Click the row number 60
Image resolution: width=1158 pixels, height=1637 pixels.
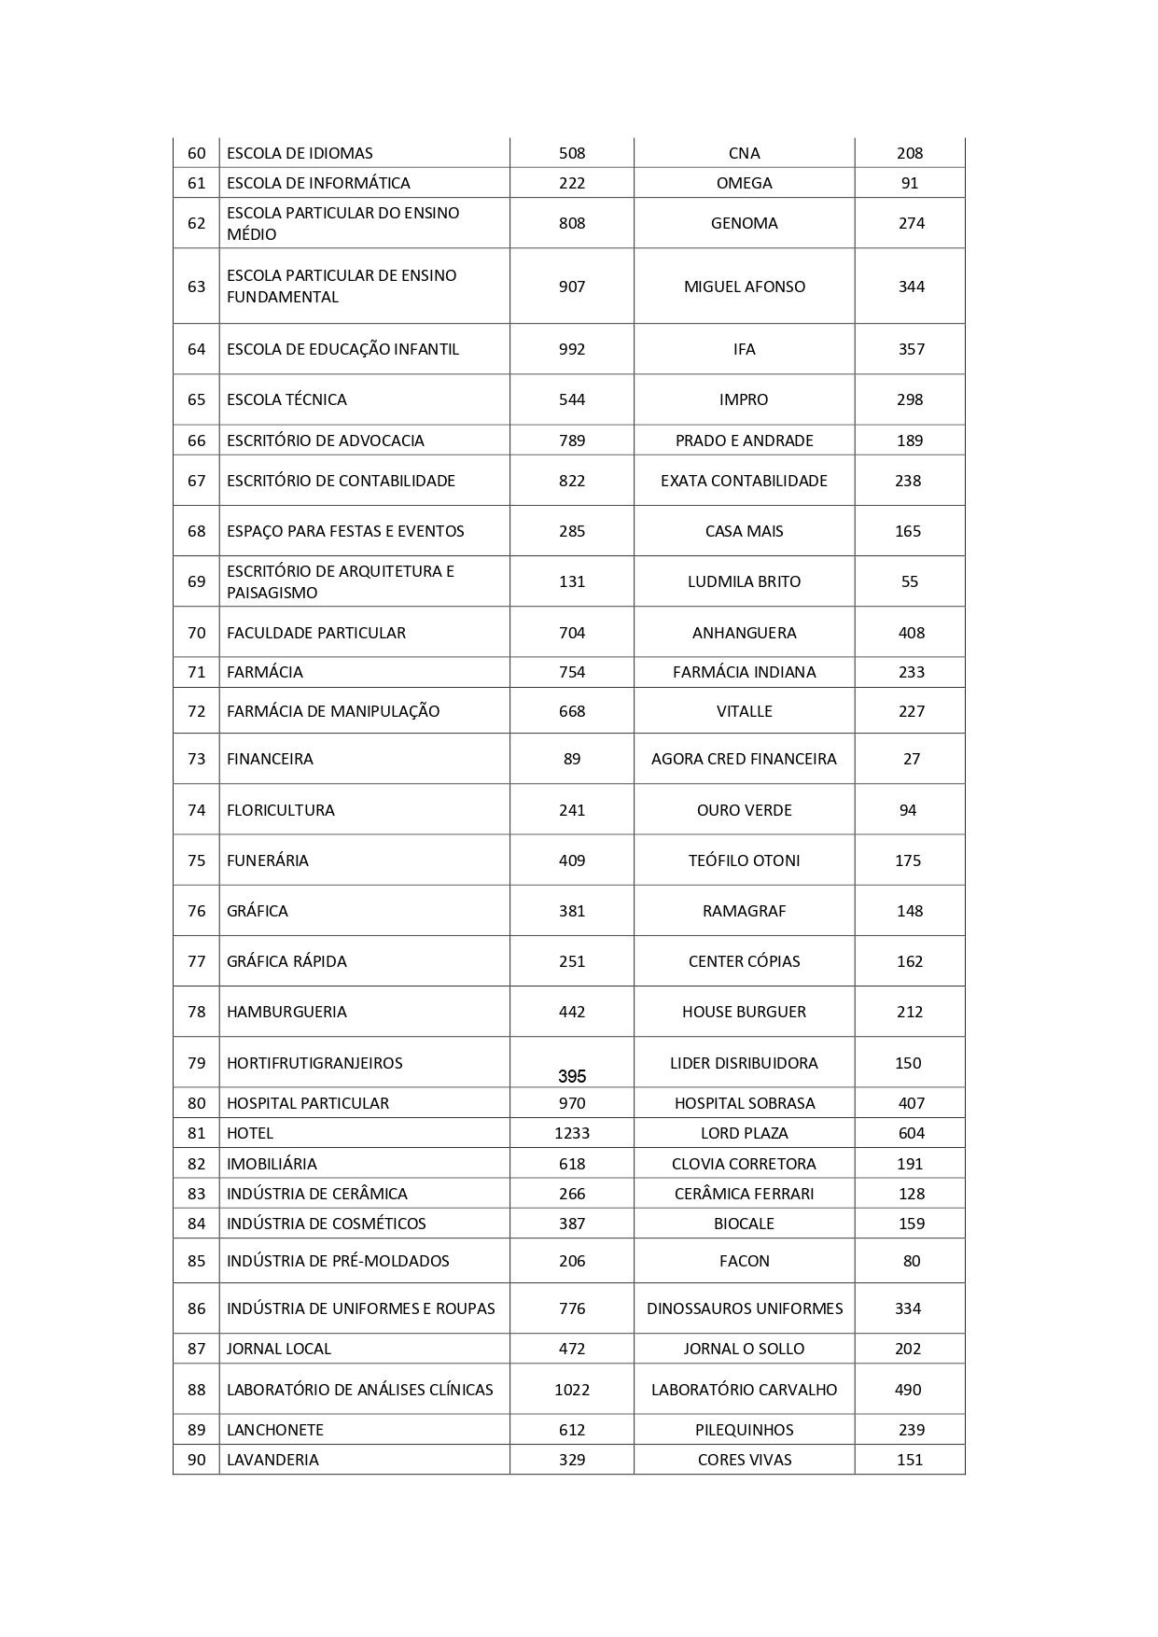click(x=196, y=153)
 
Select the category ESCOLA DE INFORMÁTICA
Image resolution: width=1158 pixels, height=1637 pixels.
click(x=318, y=183)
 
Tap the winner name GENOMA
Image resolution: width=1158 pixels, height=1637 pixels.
click(x=744, y=223)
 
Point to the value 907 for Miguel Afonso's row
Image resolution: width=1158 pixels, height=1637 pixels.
click(x=571, y=287)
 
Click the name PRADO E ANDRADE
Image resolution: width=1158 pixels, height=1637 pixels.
click(x=744, y=441)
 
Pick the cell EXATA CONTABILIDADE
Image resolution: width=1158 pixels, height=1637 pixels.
click(x=744, y=481)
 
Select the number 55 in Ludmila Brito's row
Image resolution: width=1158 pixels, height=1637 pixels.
click(x=910, y=581)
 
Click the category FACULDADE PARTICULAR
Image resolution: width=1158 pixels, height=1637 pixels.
click(x=315, y=633)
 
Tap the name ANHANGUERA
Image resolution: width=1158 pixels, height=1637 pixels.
click(x=744, y=633)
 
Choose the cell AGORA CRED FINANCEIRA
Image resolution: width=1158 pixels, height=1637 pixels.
click(x=744, y=759)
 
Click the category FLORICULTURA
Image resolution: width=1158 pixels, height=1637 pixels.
click(x=280, y=810)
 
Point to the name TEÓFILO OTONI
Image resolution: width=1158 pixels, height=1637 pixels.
click(x=744, y=860)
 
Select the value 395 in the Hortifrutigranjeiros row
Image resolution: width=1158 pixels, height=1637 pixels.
click(x=571, y=1076)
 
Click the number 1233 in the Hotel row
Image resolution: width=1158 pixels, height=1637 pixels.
click(x=571, y=1133)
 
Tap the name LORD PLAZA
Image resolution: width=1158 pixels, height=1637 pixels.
click(x=744, y=1133)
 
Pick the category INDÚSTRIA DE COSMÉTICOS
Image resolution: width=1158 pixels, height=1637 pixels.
click(x=326, y=1224)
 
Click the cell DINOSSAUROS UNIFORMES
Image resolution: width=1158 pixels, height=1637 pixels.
click(x=744, y=1308)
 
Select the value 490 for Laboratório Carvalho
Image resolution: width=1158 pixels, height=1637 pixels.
click(x=908, y=1390)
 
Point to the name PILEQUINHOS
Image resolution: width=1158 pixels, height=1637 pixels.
click(x=744, y=1430)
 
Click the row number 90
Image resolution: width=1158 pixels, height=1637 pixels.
click(x=196, y=1460)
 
